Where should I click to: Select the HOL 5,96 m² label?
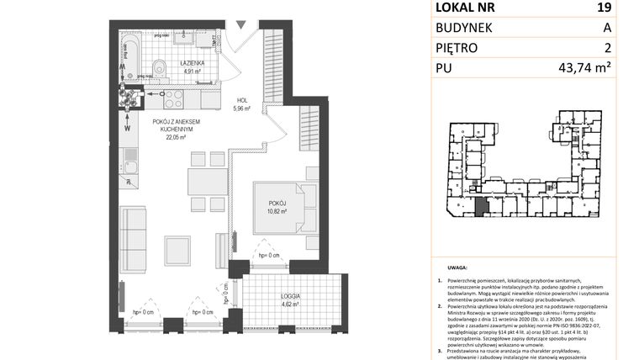coord(242,103)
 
